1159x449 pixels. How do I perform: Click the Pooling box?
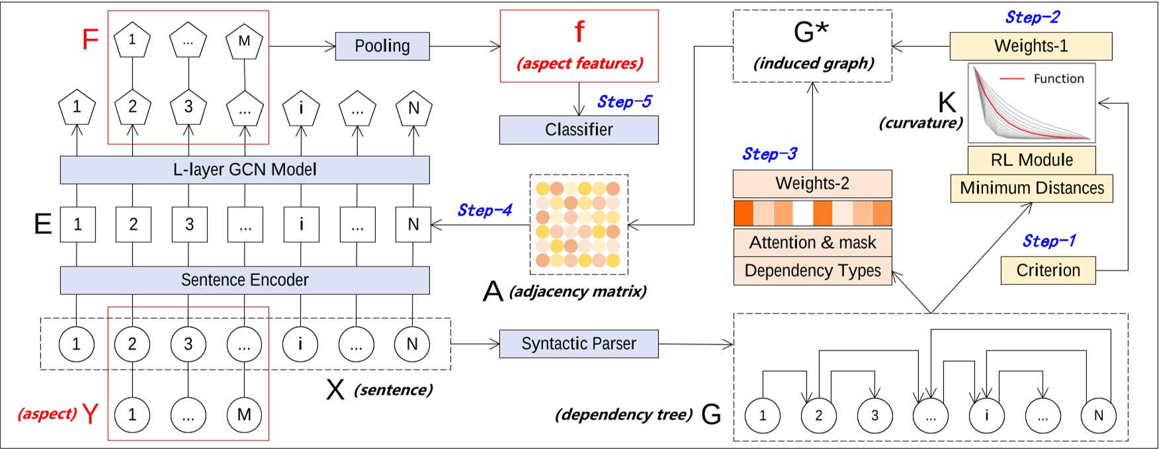pos(382,46)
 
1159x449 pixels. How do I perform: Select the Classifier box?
pos(578,130)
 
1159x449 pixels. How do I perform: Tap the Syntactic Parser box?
pos(578,344)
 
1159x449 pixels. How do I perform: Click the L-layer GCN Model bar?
pos(245,170)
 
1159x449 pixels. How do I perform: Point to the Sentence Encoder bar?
pos(245,280)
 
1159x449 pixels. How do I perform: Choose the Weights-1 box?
pos(1031,46)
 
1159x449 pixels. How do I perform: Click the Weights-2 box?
pos(812,184)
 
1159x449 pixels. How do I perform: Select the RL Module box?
pos(1031,160)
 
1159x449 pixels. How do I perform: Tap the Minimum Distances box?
pos(1031,188)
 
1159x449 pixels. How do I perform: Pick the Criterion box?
pos(1048,270)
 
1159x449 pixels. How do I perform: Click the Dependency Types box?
pos(812,271)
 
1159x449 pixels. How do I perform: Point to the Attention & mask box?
pos(812,243)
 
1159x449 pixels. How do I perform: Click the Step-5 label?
pos(624,102)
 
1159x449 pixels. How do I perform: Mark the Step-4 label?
pos(484,210)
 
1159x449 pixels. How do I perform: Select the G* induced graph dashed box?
pos(812,46)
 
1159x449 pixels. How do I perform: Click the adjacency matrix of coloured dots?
pos(578,225)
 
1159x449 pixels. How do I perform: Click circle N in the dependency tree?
pos(1098,415)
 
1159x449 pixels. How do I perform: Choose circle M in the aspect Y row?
pos(244,415)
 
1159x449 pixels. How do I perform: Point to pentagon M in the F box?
pos(244,42)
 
